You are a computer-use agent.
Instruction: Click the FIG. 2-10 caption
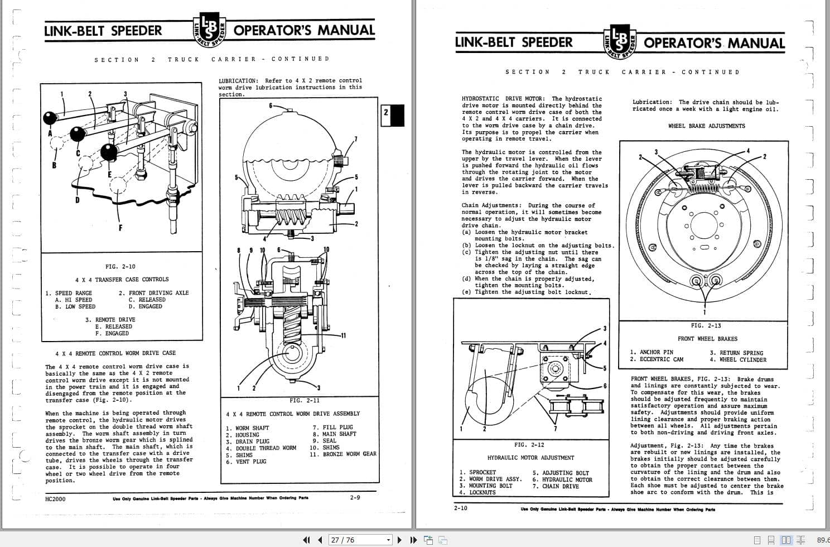[x=120, y=267]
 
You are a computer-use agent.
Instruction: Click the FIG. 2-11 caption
[x=305, y=400]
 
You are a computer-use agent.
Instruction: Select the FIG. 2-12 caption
[x=529, y=445]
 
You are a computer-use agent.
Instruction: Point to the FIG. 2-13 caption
[x=706, y=325]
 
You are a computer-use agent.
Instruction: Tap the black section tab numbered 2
[x=392, y=115]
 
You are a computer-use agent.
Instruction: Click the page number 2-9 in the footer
[x=355, y=497]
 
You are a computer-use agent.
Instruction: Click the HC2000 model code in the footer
[x=55, y=498]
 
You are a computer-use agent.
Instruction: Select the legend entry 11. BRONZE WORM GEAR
[x=343, y=454]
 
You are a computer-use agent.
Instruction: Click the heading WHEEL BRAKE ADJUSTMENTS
[x=706, y=126]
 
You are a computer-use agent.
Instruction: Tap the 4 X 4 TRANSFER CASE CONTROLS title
[x=122, y=280]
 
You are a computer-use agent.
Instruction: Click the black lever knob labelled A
[x=50, y=118]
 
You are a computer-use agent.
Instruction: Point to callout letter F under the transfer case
[x=120, y=227]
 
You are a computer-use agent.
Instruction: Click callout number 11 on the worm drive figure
[x=343, y=335]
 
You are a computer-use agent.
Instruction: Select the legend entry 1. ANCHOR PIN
[x=651, y=352]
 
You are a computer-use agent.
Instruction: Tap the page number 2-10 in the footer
[x=461, y=508]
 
